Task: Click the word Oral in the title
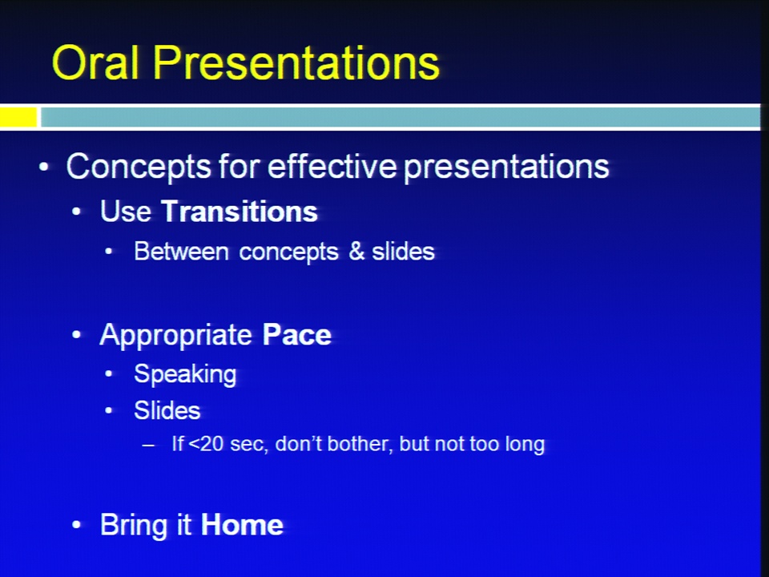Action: [95, 62]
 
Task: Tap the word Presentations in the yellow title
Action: [296, 63]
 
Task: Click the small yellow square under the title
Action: [18, 117]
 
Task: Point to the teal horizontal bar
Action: [400, 117]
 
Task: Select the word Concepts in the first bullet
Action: [139, 167]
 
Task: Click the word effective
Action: [332, 166]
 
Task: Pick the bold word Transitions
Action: [240, 212]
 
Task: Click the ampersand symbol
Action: [356, 251]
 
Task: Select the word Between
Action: [182, 251]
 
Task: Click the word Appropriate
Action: [175, 336]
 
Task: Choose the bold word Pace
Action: [297, 335]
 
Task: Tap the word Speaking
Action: [185, 375]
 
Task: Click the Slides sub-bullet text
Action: [167, 410]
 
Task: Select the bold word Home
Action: [242, 524]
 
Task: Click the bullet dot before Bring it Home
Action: [76, 525]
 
